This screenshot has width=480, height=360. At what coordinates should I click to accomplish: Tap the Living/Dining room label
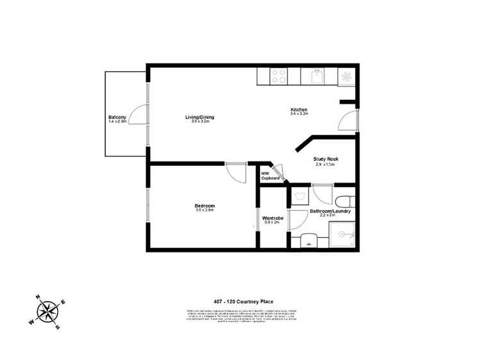tap(199, 117)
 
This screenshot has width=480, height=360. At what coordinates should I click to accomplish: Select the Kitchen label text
tap(299, 110)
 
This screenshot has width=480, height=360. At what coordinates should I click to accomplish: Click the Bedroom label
tap(204, 206)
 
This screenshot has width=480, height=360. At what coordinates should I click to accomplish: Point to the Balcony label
tap(117, 117)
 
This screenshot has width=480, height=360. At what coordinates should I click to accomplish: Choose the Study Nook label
tap(325, 159)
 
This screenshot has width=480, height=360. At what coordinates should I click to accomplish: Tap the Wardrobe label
tap(272, 218)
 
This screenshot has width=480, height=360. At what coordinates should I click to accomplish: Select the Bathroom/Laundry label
tap(330, 211)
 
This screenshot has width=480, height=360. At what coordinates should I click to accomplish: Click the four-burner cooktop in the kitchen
tap(279, 76)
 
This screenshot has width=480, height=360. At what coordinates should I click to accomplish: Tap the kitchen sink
tap(316, 76)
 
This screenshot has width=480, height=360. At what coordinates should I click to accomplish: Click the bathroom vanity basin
tap(309, 241)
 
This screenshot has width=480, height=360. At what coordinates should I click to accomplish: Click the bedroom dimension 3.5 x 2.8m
tap(204, 210)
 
